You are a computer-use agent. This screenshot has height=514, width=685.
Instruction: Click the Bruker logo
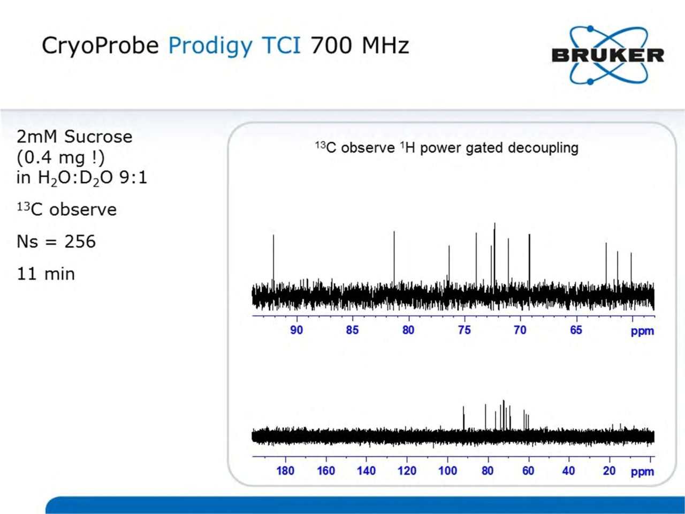(608, 55)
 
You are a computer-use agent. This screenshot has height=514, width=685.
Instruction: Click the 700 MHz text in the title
(360, 46)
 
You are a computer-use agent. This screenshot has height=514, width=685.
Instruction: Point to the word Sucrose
(98, 137)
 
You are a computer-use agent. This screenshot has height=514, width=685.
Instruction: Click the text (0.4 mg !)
(60, 157)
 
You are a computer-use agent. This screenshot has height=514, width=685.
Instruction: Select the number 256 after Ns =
(80, 241)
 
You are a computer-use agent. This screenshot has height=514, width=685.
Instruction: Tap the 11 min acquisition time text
(46, 274)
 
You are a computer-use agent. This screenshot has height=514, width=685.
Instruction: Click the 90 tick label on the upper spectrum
(296, 330)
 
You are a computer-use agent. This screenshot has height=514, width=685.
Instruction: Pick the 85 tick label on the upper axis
(352, 330)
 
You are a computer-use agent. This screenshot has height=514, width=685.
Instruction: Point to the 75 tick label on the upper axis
(465, 330)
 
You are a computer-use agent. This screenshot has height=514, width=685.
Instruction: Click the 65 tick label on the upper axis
(576, 330)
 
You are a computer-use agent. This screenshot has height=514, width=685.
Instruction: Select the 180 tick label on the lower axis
(285, 471)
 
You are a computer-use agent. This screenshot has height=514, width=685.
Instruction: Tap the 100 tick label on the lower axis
(447, 471)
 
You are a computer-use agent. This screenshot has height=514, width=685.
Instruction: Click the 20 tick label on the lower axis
(609, 471)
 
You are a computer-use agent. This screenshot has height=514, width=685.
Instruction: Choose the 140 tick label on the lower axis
(367, 471)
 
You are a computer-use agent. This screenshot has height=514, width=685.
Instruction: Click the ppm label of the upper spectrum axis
(642, 331)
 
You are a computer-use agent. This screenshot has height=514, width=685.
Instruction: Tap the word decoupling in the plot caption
(543, 148)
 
